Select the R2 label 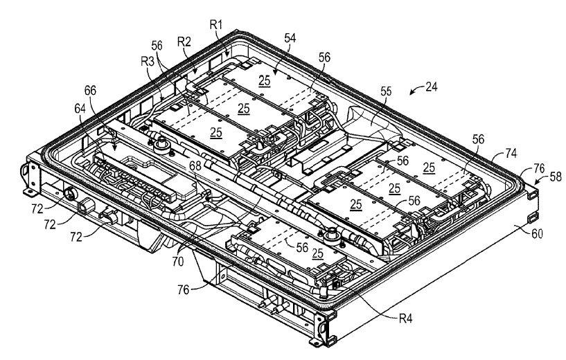tap(184, 42)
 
